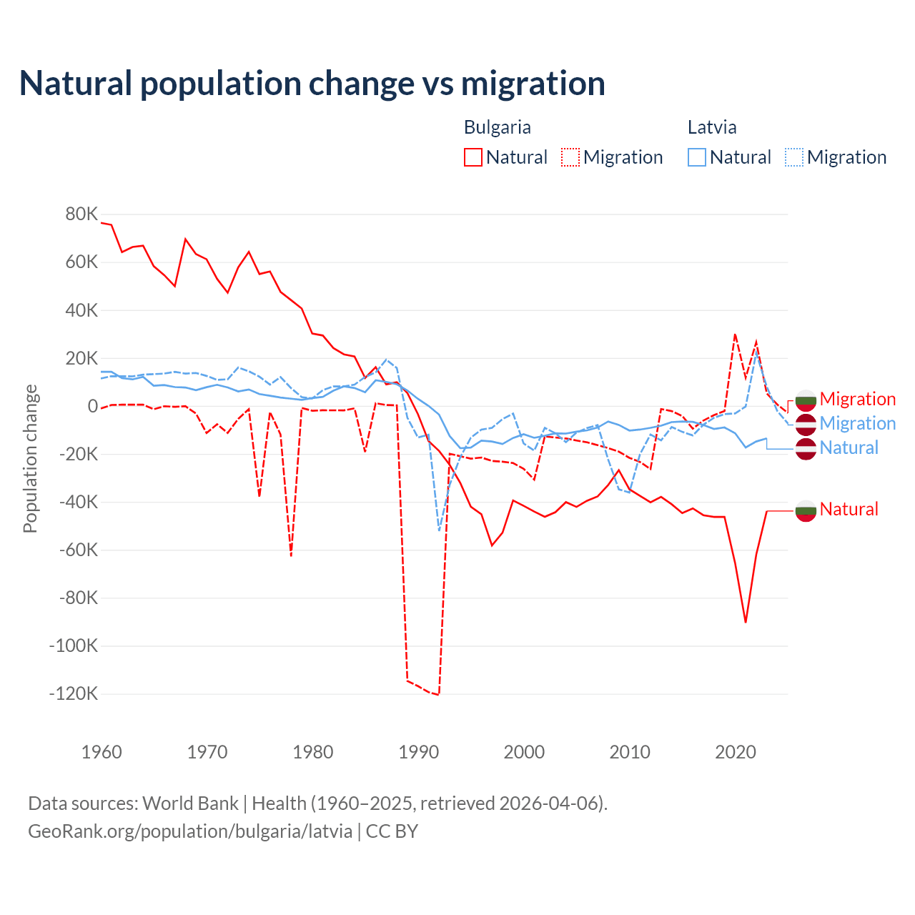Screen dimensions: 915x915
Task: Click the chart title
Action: (x=312, y=84)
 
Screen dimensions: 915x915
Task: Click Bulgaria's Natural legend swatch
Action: (x=473, y=157)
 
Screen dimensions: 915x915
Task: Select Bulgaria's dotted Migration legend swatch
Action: (x=570, y=157)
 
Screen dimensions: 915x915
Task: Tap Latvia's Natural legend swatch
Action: (x=696, y=157)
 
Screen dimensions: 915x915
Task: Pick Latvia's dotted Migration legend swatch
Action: (x=794, y=157)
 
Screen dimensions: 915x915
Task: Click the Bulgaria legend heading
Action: (x=497, y=127)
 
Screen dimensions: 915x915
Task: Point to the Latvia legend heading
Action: (x=711, y=127)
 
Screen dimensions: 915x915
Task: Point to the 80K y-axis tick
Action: (x=81, y=214)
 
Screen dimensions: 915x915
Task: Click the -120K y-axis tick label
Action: (x=74, y=693)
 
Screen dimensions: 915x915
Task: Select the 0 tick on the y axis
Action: (x=92, y=406)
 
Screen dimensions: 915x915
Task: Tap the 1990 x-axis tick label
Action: (x=419, y=752)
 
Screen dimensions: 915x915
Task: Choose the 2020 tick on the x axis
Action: (x=736, y=752)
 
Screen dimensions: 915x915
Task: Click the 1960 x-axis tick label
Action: (x=102, y=752)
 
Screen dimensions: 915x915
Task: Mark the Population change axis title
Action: (x=30, y=459)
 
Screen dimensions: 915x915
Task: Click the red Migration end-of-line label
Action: (x=857, y=399)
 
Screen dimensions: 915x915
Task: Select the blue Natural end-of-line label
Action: (x=849, y=447)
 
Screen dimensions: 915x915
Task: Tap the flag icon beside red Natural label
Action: (x=806, y=510)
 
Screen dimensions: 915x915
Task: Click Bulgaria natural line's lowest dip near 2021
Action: (x=746, y=622)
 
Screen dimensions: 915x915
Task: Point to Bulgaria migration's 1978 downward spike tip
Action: (x=291, y=555)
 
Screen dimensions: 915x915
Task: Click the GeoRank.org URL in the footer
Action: (x=190, y=831)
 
